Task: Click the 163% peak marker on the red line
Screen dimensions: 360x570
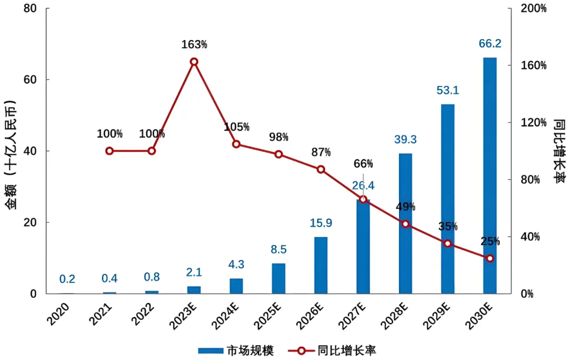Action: coord(194,62)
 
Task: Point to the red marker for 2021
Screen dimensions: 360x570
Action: coord(109,151)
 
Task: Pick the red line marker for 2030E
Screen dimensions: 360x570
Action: coord(490,259)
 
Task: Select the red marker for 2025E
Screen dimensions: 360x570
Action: coord(279,154)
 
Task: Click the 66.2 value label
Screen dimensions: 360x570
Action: coord(490,43)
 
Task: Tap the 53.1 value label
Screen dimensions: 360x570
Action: coord(448,90)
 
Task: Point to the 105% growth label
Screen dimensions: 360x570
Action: coord(236,127)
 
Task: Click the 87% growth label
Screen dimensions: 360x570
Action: coord(320,153)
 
